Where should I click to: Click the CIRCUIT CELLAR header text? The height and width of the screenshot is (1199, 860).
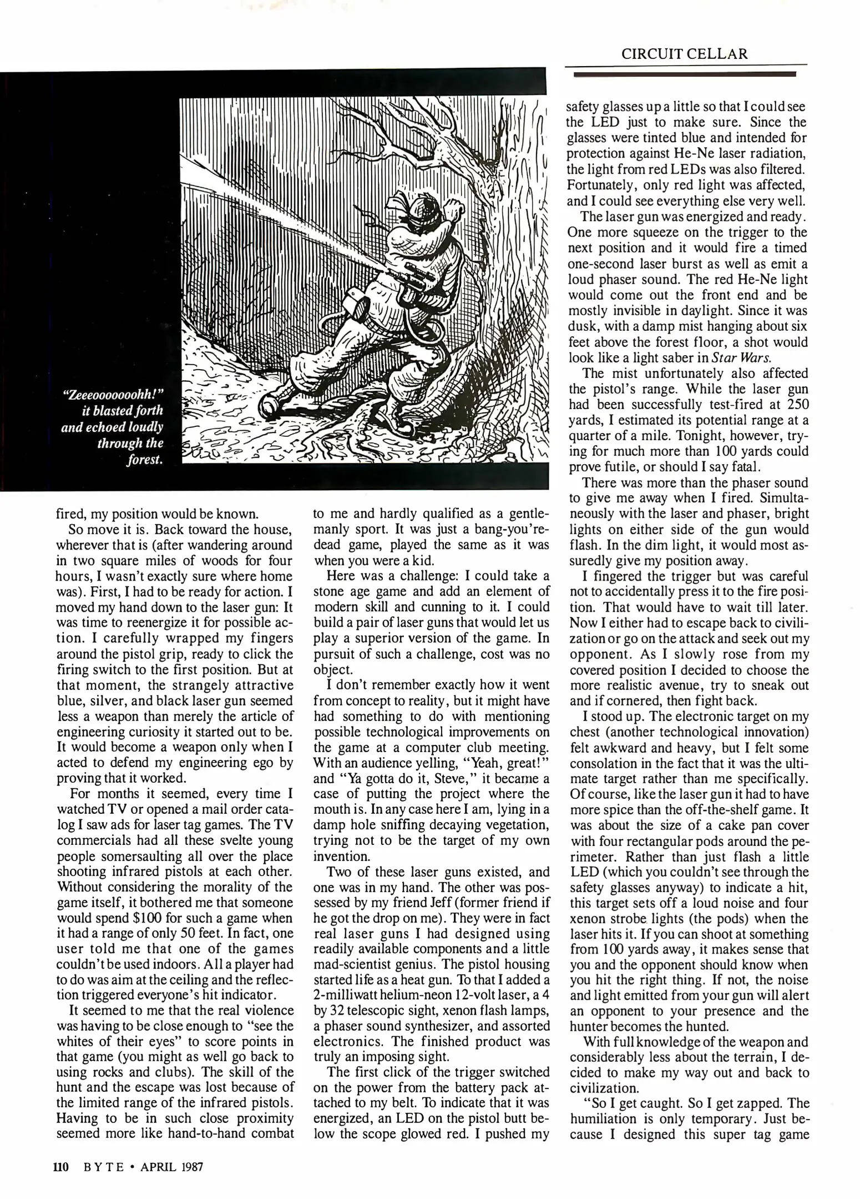point(684,54)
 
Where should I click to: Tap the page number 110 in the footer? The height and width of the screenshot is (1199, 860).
point(60,1167)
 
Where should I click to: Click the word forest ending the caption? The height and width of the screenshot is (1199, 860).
point(145,461)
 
